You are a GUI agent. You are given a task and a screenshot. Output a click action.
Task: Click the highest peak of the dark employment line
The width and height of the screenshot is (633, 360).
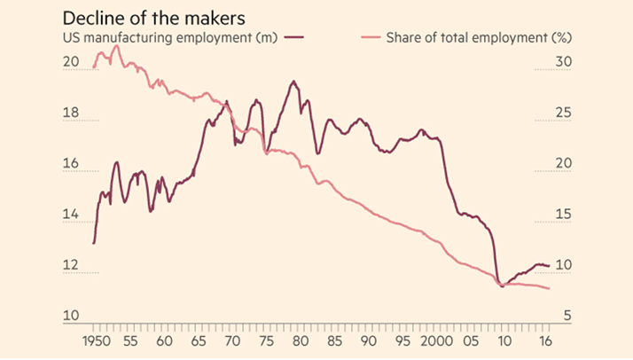pyautogui.click(x=293, y=82)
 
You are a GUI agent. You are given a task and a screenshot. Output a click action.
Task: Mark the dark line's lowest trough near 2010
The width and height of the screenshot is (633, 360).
pyautogui.click(x=502, y=286)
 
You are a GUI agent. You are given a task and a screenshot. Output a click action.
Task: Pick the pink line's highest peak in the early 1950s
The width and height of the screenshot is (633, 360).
pyautogui.click(x=115, y=46)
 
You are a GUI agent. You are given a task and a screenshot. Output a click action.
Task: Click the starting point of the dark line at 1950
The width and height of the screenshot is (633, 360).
pyautogui.click(x=93, y=243)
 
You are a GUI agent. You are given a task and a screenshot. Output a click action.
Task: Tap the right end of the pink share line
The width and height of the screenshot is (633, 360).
pyautogui.click(x=550, y=288)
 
